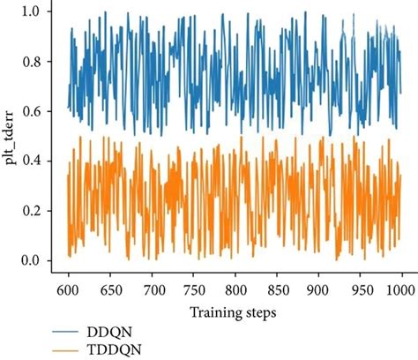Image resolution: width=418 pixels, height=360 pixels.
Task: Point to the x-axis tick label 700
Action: coord(153,289)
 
